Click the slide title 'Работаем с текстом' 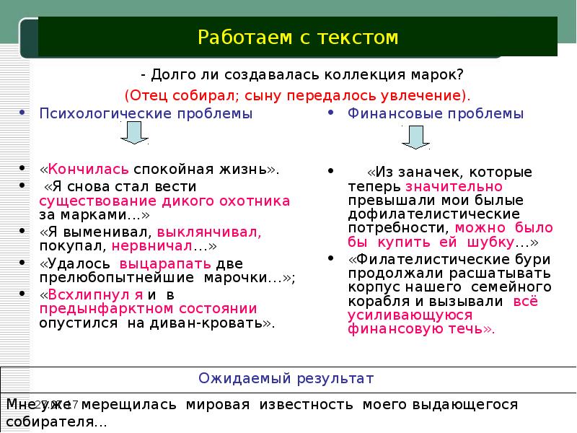297,37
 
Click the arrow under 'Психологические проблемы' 134,134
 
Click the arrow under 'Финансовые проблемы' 415,136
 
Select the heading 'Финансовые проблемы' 436,113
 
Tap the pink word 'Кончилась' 89,169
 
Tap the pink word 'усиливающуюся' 410,315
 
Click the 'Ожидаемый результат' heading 286,378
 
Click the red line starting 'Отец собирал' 297,95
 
